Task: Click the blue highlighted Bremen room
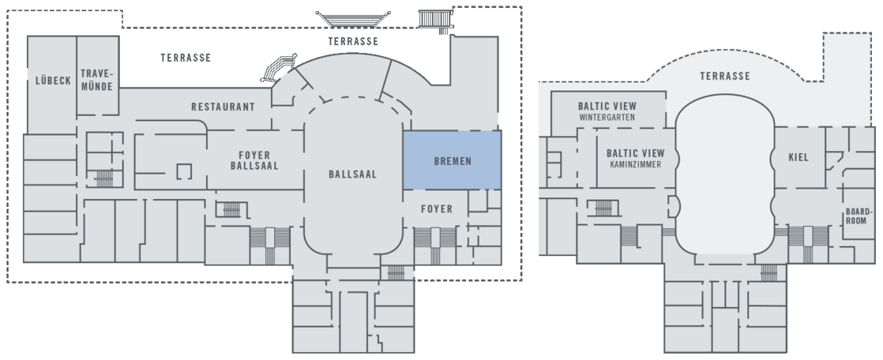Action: (452, 160)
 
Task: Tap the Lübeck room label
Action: (54, 81)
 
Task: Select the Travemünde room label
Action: (97, 80)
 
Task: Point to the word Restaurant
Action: (223, 107)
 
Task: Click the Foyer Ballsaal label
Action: (254, 160)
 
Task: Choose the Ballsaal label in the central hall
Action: (352, 174)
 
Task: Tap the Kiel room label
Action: (798, 158)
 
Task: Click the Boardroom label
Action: (859, 216)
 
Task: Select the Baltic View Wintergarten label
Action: (607, 111)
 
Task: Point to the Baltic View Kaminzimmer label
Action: (635, 158)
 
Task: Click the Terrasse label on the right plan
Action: (725, 76)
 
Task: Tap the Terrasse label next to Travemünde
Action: (186, 58)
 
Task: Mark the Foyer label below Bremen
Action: (437, 209)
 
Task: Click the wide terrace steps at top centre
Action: (353, 19)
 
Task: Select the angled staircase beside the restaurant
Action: (279, 68)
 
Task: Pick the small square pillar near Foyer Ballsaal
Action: (184, 171)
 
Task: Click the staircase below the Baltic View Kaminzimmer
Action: (603, 208)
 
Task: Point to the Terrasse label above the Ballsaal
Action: (353, 42)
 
